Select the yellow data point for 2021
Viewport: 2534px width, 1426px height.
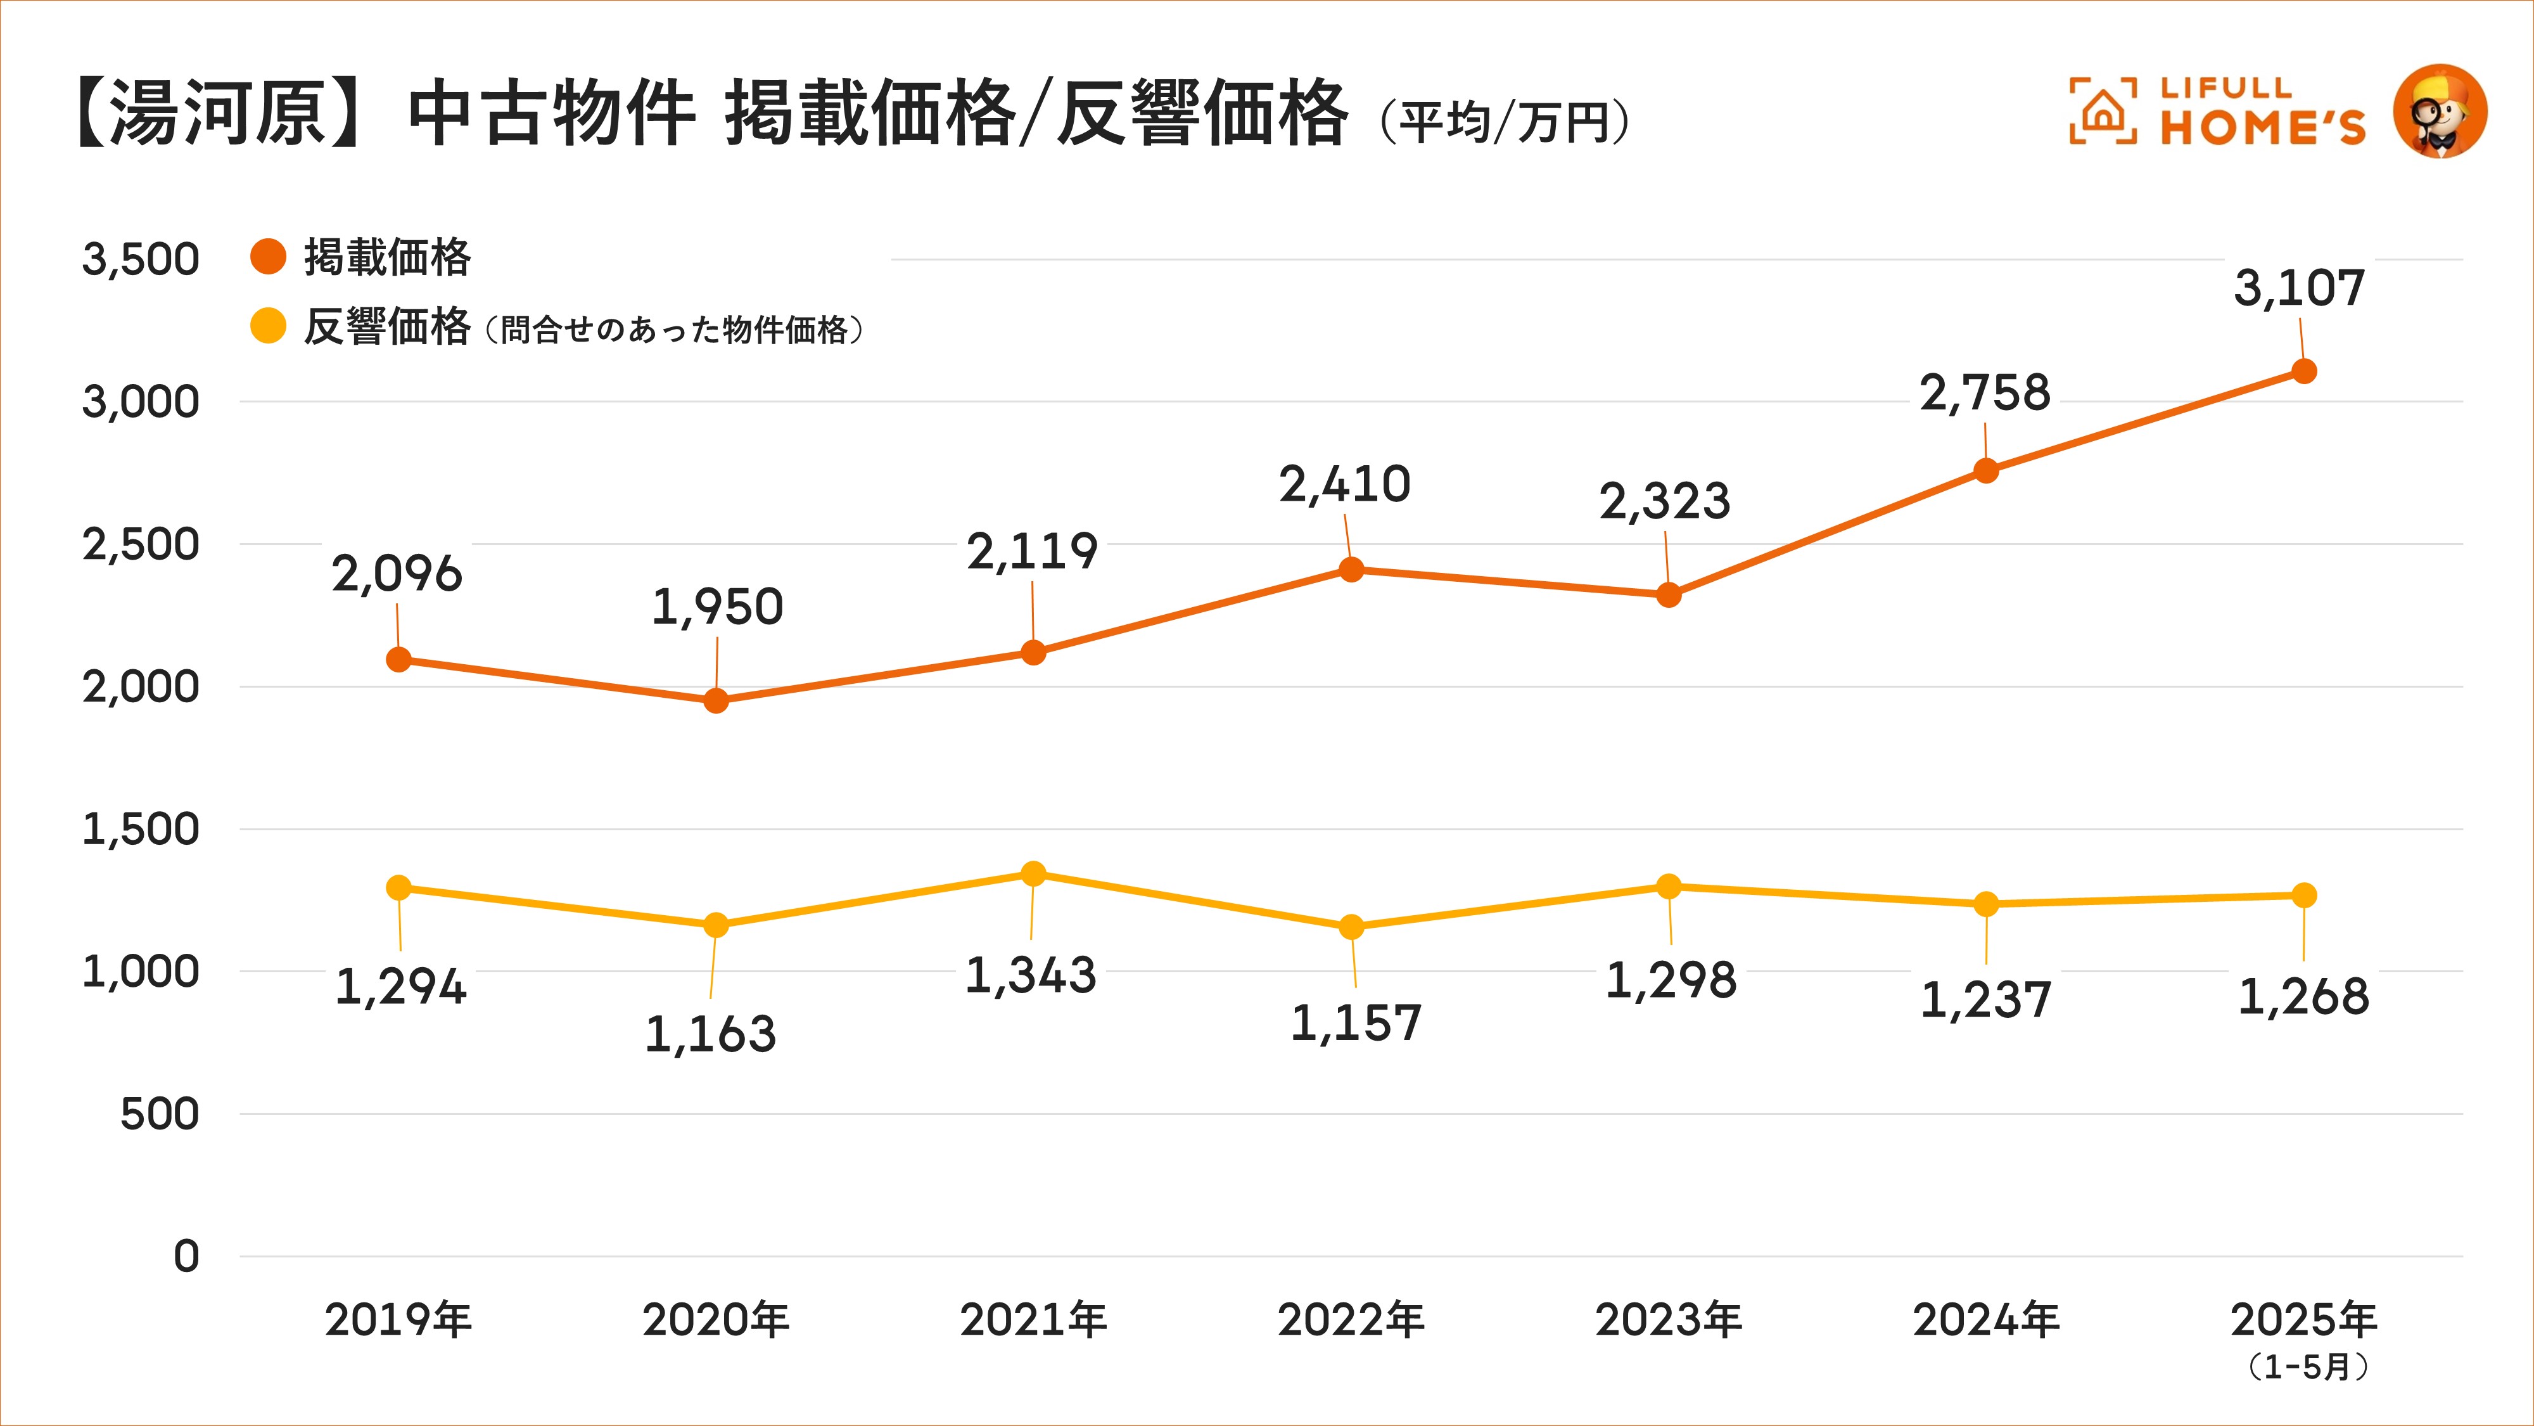1033,874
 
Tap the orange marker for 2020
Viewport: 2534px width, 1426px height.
716,701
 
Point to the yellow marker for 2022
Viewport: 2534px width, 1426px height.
1352,927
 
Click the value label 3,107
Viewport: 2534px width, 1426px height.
2299,288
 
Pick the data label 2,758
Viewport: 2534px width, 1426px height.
1985,393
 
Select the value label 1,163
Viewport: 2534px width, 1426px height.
710,1034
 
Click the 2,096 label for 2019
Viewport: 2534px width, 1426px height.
397,574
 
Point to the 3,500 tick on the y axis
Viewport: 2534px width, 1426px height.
141,260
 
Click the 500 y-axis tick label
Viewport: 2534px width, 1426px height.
160,1114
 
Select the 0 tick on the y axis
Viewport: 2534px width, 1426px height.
186,1257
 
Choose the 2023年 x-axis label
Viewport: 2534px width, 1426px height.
1669,1320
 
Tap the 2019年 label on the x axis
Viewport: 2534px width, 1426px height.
398,1320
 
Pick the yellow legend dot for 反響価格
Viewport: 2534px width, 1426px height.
267,326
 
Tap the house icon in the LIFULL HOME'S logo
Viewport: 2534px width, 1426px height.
2102,111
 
